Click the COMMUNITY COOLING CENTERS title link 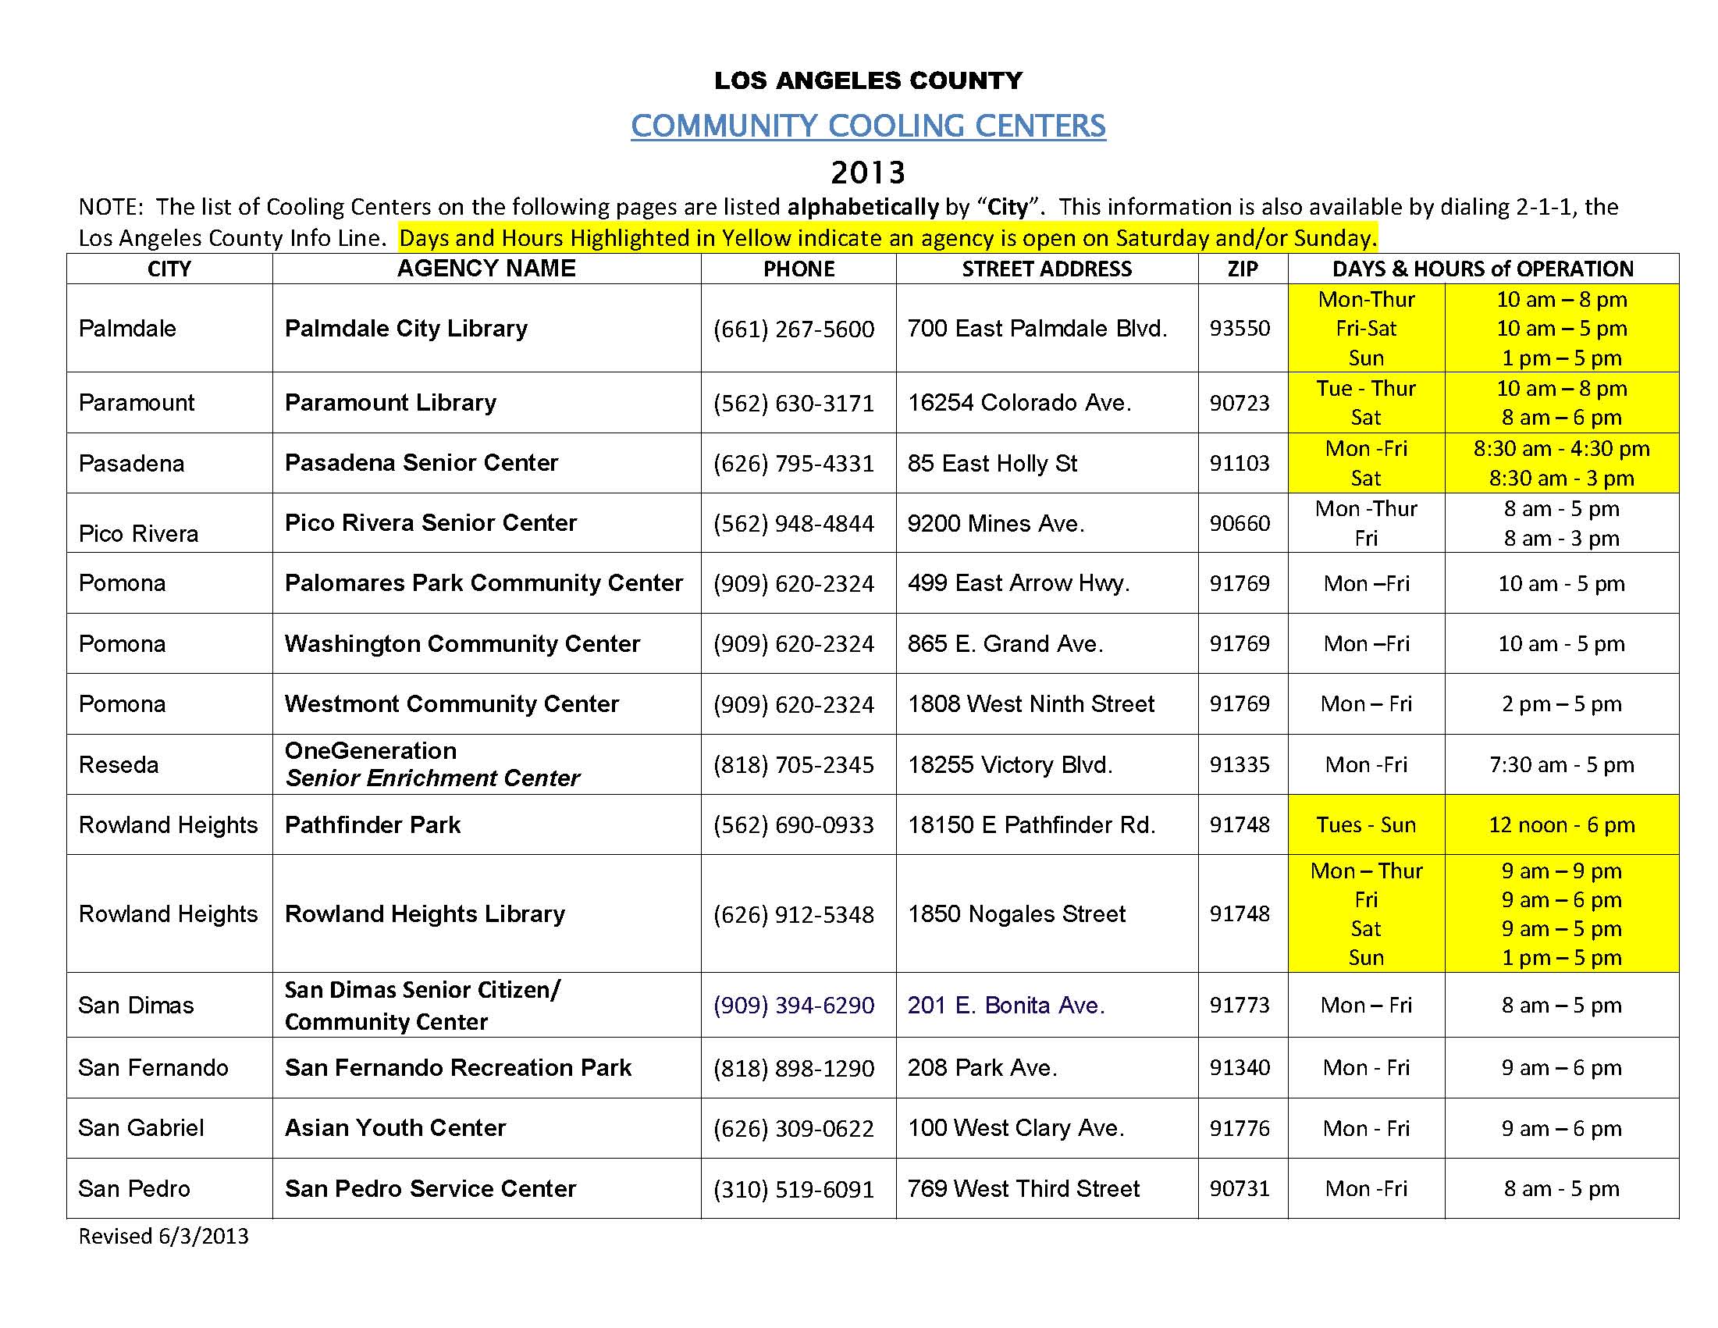coord(868,126)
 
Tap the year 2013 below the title coord(868,172)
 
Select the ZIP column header coord(1242,269)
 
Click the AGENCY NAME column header coord(486,269)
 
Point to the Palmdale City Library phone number coord(794,329)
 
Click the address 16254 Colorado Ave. coord(1019,403)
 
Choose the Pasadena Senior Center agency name coord(421,463)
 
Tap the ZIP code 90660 coord(1240,523)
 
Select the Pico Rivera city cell coord(138,533)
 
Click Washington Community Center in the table coord(462,643)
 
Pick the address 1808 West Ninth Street coord(1031,704)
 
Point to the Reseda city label coord(119,764)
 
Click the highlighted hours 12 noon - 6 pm coord(1561,824)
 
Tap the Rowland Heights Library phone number coord(794,914)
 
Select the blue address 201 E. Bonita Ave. coord(1006,1006)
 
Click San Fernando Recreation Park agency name coord(458,1067)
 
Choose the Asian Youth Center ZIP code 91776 coord(1240,1128)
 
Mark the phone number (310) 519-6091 coord(794,1189)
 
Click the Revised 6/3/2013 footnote coord(164,1236)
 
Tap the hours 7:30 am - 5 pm coord(1561,764)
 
